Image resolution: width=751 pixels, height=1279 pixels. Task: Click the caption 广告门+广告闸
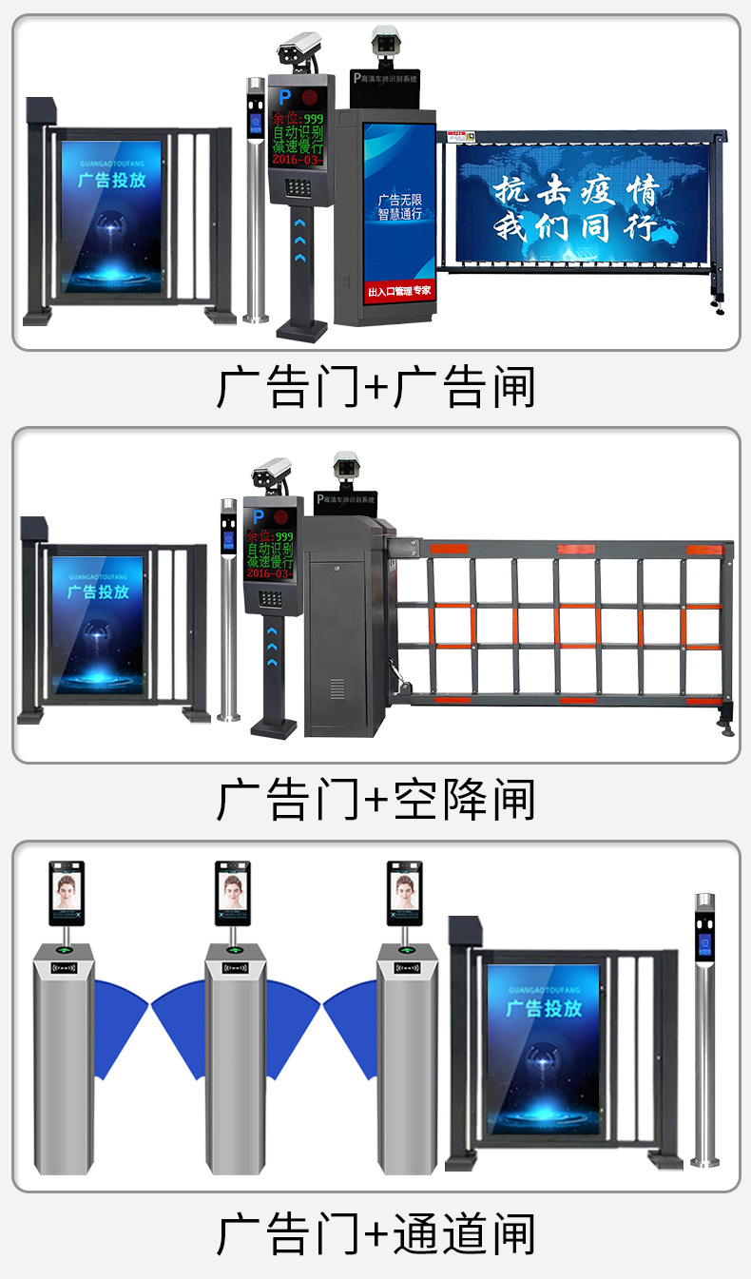[x=375, y=387]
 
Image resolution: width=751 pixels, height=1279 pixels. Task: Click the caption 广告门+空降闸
[x=375, y=799]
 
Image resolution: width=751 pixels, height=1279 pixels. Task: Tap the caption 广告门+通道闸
[x=375, y=1233]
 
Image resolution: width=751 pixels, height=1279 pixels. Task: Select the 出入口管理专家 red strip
[x=399, y=290]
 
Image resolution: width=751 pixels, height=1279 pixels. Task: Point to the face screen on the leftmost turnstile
[x=66, y=892]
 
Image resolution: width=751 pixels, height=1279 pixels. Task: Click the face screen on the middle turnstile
[x=233, y=892]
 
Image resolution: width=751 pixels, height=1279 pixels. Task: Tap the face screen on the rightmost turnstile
[x=405, y=892]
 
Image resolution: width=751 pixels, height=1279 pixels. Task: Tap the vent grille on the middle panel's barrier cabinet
[x=337, y=688]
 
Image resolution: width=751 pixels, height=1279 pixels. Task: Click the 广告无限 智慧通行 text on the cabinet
[x=399, y=206]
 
